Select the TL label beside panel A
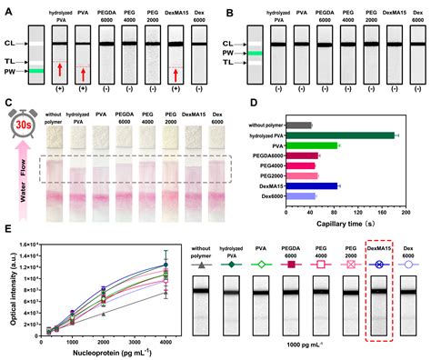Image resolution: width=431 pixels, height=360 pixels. [13, 59]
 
